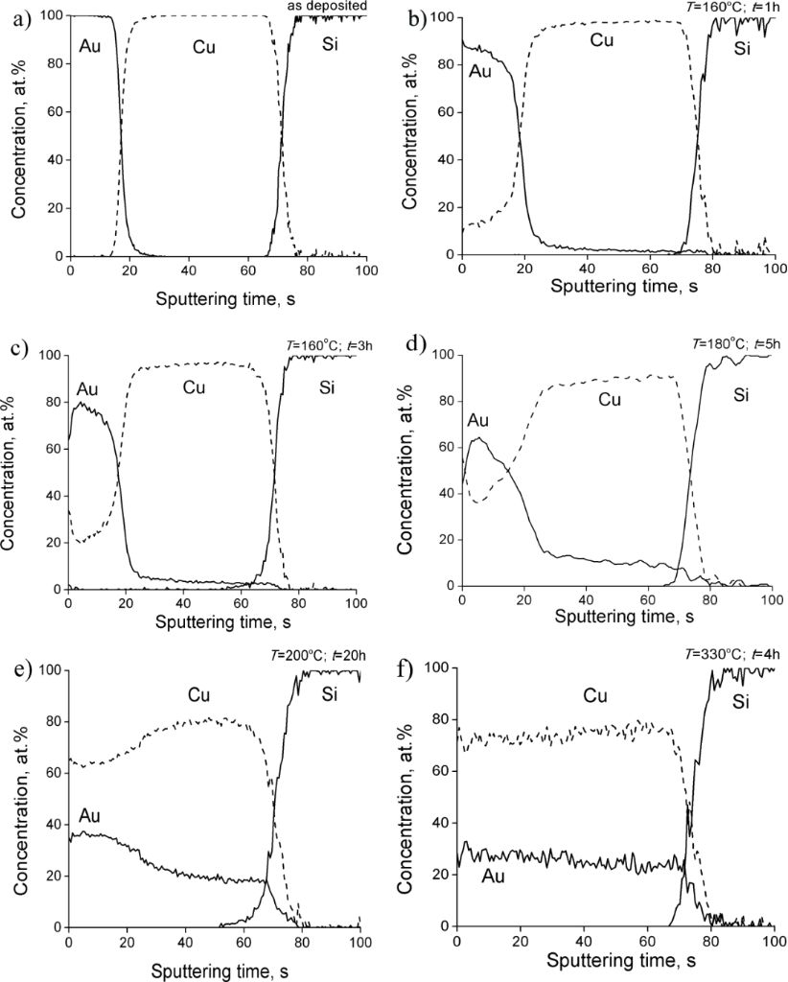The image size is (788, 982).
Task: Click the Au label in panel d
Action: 479,420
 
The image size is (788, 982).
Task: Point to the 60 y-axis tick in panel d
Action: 444,447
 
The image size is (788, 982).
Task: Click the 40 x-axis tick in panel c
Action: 182,602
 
